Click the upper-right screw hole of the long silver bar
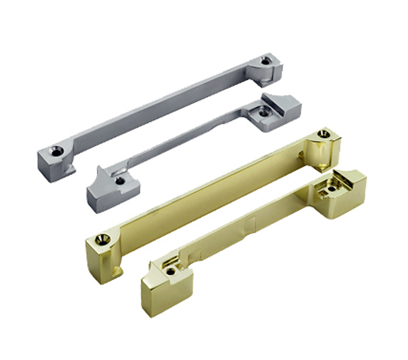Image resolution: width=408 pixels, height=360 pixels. click(266, 60)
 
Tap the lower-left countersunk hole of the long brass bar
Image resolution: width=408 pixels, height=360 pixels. click(104, 239)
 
